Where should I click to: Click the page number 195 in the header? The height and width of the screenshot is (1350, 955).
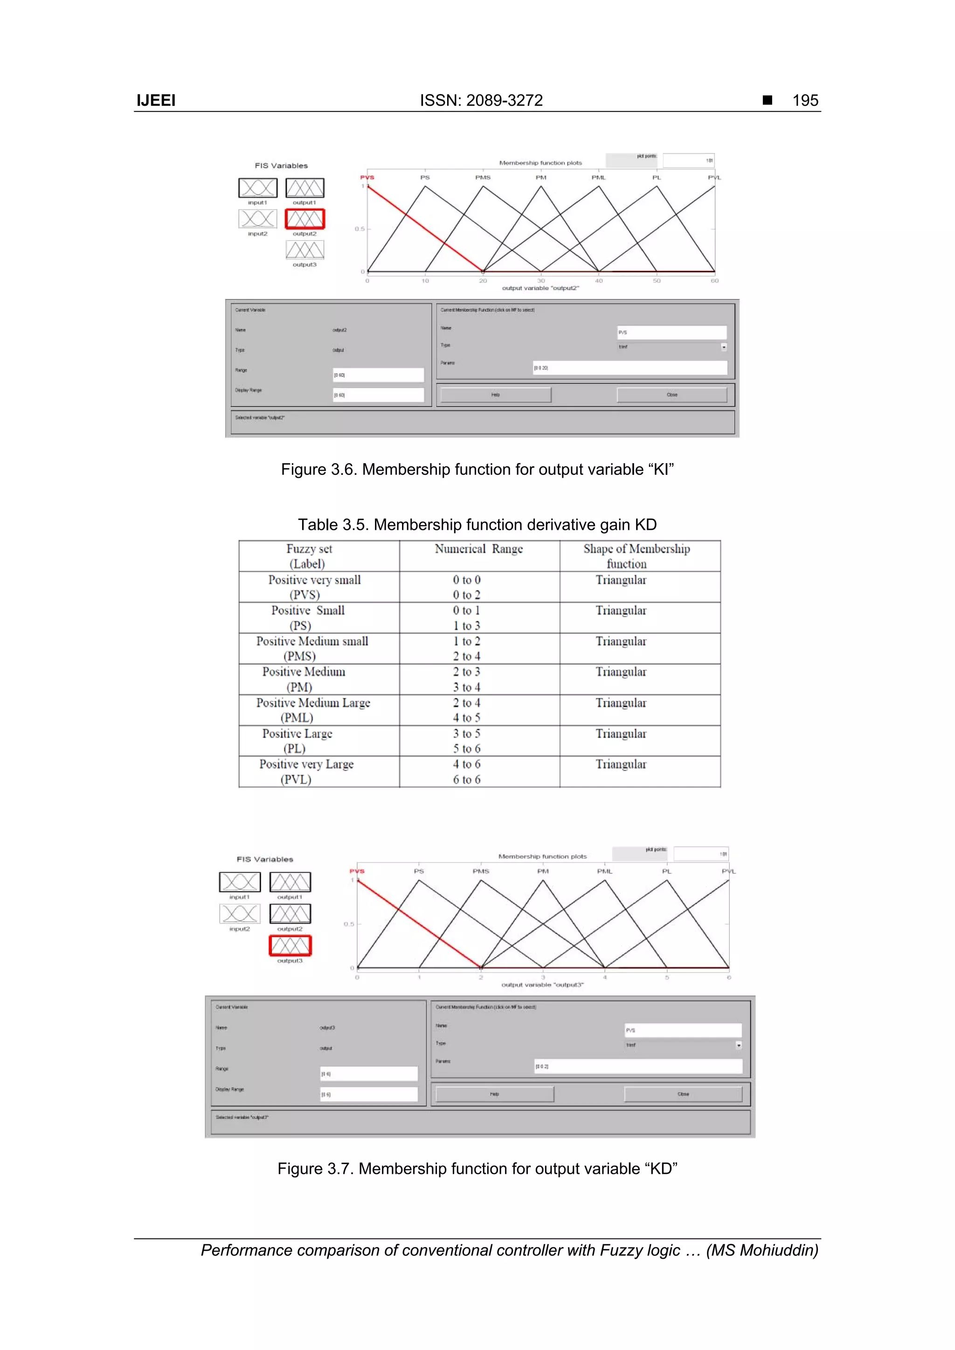[805, 101]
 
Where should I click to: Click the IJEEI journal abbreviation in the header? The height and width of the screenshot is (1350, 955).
[156, 101]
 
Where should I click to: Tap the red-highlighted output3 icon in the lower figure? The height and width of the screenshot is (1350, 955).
[290, 946]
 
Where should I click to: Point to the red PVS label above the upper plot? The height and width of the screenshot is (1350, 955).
[367, 177]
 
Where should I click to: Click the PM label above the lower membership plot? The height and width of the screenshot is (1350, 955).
[542, 871]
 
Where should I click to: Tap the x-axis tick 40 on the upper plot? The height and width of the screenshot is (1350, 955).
[598, 281]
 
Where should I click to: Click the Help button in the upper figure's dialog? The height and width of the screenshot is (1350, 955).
[495, 395]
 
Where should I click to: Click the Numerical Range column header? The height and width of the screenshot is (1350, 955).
[478, 549]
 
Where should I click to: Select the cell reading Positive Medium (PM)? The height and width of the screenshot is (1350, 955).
[303, 679]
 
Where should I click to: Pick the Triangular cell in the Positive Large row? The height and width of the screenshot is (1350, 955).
[621, 734]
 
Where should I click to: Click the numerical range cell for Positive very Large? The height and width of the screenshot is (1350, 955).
[467, 771]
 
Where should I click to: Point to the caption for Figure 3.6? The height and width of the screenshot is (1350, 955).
[477, 469]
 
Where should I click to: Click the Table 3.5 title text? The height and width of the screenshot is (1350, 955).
[477, 524]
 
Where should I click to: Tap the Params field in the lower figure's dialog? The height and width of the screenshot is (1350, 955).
[638, 1066]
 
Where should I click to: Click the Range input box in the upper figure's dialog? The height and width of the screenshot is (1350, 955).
[378, 375]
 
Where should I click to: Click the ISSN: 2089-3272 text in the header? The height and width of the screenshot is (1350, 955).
[481, 101]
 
